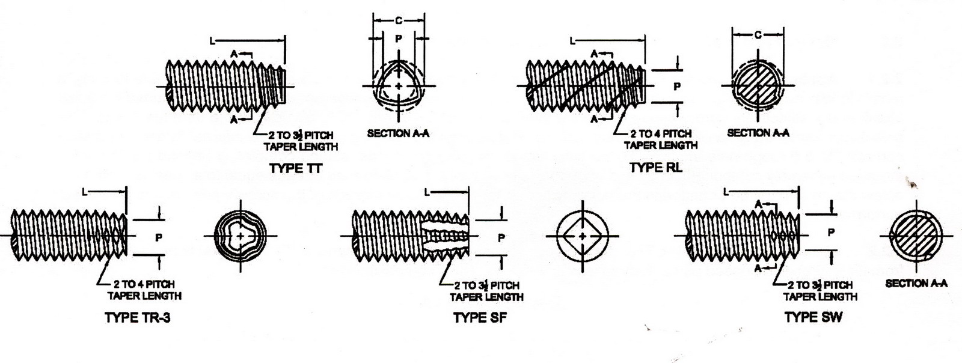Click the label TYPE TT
(x=295, y=168)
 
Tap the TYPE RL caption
(x=655, y=168)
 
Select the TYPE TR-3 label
(x=137, y=317)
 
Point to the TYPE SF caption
(x=480, y=317)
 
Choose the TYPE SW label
(x=813, y=317)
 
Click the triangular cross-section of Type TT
(x=400, y=87)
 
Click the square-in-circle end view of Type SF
(x=582, y=236)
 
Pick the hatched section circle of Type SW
(x=916, y=236)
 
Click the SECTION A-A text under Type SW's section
(x=916, y=283)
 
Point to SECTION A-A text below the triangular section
(x=398, y=133)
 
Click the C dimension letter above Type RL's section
(x=758, y=35)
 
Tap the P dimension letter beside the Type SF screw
(x=501, y=237)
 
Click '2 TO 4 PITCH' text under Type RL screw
(x=661, y=133)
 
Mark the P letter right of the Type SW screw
(x=831, y=232)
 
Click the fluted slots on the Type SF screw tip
(x=446, y=236)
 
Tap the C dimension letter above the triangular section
(x=399, y=21)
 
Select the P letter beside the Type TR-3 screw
(x=159, y=237)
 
